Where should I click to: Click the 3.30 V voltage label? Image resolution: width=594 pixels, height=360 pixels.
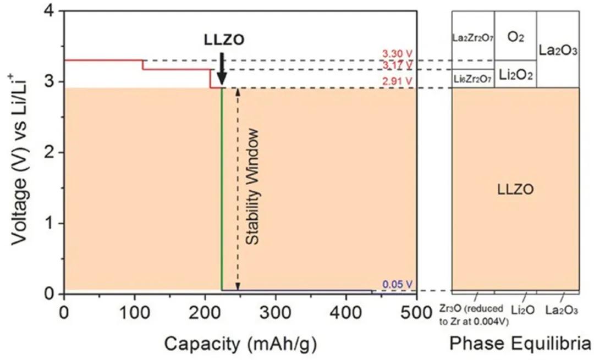coord(397,54)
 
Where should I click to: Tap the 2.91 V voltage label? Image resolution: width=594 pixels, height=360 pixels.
coord(397,81)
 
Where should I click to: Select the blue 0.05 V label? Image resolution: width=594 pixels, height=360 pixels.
coord(397,284)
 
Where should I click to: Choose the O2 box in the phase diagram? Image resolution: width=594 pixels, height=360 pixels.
coord(515,36)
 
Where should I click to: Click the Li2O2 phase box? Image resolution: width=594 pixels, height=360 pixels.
coord(515,74)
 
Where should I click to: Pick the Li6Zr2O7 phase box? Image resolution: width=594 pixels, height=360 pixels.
coord(473,79)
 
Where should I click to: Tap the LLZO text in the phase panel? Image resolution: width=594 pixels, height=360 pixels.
coord(515,190)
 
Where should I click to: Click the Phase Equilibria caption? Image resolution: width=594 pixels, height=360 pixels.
coord(520,344)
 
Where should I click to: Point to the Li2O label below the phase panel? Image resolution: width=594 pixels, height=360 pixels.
coord(522,311)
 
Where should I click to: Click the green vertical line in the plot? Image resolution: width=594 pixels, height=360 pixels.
coord(221,187)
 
